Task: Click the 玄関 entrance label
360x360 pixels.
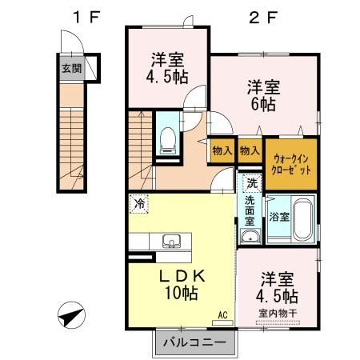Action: click(x=70, y=68)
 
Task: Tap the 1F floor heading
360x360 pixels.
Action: click(x=82, y=17)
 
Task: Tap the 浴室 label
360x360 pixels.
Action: click(x=278, y=217)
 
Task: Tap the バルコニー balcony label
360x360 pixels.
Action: click(x=194, y=344)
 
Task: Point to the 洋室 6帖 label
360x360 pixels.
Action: click(x=262, y=95)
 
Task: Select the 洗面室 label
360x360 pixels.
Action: click(x=250, y=209)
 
